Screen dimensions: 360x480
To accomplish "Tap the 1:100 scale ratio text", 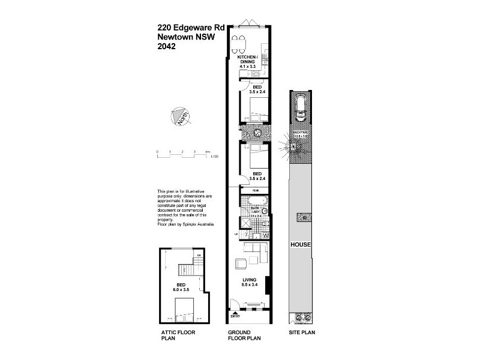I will click(214, 157).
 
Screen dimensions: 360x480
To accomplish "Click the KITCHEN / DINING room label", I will click(251, 60).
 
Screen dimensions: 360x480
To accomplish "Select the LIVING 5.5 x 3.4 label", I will click(250, 282).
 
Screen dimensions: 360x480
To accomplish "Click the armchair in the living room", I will click(239, 262).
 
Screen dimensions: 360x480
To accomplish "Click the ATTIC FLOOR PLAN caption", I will click(178, 335).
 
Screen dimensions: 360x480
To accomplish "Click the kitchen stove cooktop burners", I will click(256, 74).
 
